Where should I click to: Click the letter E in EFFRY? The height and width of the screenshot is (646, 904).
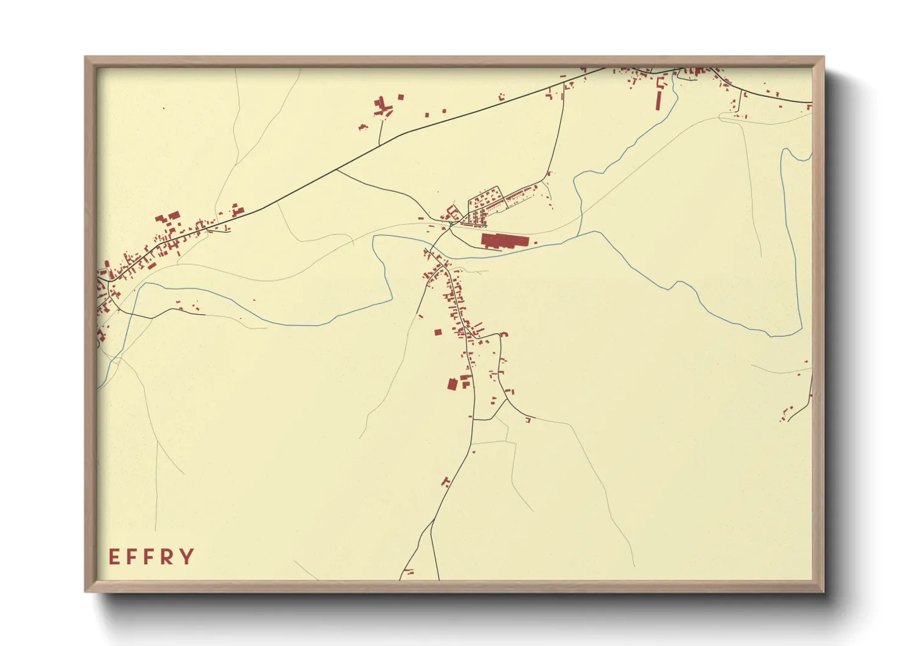[114, 557]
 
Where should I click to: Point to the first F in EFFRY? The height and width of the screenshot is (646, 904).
[131, 557]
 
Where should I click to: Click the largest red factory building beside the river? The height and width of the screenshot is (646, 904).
[503, 240]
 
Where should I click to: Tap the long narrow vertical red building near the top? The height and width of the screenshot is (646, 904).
[658, 101]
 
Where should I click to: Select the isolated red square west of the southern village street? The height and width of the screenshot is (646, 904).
[437, 332]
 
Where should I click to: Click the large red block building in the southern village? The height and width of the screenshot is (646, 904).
[452, 384]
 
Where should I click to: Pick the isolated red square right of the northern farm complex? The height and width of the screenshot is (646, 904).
[401, 96]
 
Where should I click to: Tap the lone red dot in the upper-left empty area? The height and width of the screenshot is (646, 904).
[164, 109]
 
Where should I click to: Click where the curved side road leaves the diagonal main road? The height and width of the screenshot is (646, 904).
[337, 170]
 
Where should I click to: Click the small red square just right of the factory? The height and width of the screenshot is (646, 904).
[536, 242]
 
